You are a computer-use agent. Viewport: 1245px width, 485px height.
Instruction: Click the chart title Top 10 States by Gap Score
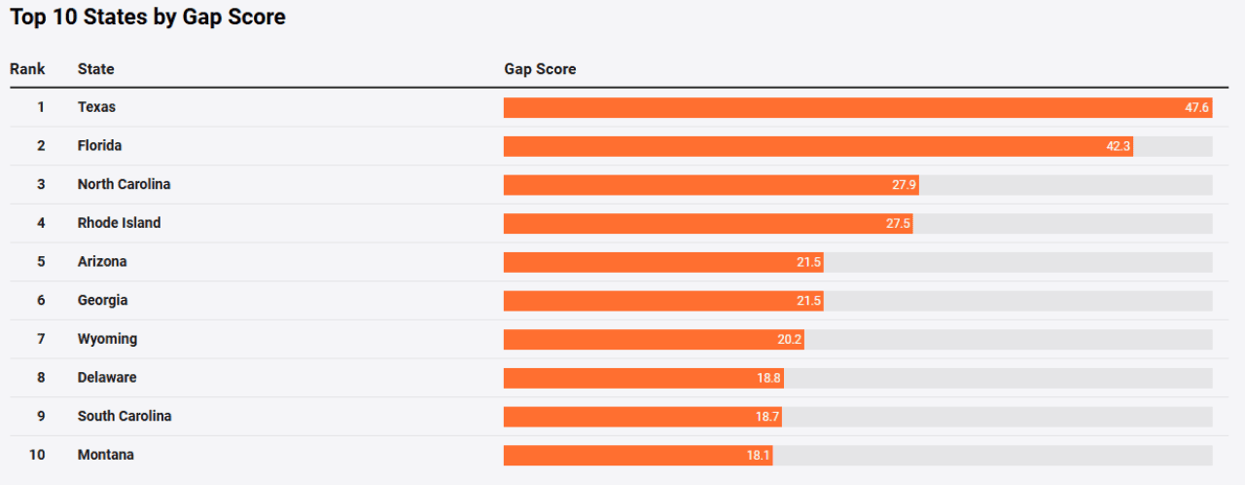click(x=148, y=18)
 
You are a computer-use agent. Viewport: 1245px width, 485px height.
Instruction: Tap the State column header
click(x=95, y=69)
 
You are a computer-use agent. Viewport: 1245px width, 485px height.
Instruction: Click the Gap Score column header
click(x=540, y=69)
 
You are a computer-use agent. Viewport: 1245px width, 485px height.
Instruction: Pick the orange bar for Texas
click(x=836, y=107)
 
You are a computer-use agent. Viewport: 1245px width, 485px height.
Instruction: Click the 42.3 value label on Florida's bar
click(x=1118, y=146)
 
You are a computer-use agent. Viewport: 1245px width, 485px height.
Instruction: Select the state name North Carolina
click(x=124, y=184)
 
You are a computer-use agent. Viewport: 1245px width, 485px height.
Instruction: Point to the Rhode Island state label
click(x=119, y=223)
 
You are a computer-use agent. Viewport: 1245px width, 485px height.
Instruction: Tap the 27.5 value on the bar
click(x=898, y=223)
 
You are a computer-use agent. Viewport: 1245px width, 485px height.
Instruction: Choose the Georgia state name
click(x=102, y=300)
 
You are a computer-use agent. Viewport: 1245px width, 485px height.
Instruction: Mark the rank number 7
click(x=41, y=339)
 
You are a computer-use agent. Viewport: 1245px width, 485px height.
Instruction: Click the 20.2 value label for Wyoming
click(x=789, y=339)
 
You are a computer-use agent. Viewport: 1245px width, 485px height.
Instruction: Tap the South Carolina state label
click(x=124, y=416)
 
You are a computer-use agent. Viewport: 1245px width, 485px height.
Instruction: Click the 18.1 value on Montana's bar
click(x=758, y=455)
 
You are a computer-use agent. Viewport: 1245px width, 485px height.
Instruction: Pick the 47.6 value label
click(x=1196, y=107)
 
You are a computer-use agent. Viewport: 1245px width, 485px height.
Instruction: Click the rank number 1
click(x=41, y=107)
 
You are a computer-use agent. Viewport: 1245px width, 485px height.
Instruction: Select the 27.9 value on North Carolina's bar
click(x=904, y=184)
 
